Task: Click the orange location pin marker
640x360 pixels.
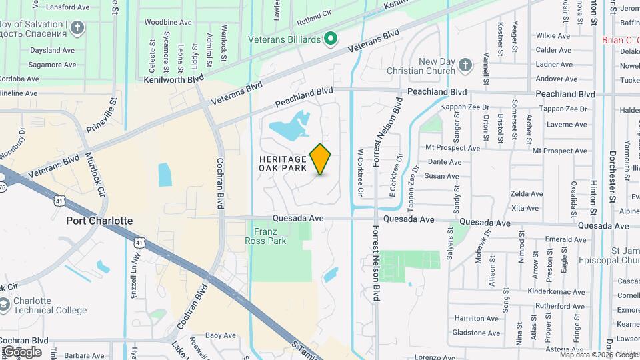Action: pos(321,159)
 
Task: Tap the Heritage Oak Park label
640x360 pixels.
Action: pos(283,163)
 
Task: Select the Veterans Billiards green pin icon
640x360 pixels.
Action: pos(329,39)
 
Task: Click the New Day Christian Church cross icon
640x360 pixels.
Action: pos(465,65)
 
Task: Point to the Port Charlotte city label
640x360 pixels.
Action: pos(99,221)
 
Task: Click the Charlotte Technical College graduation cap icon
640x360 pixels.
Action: pos(5,305)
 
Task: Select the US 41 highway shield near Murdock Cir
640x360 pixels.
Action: pos(59,200)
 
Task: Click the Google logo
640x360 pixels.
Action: pos(22,351)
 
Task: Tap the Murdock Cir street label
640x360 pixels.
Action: pos(95,175)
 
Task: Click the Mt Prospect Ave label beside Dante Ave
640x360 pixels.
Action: pos(453,148)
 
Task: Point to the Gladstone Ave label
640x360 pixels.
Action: pos(476,332)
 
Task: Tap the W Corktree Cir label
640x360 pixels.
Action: pos(360,173)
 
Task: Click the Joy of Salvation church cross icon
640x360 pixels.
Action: pos(78,28)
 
